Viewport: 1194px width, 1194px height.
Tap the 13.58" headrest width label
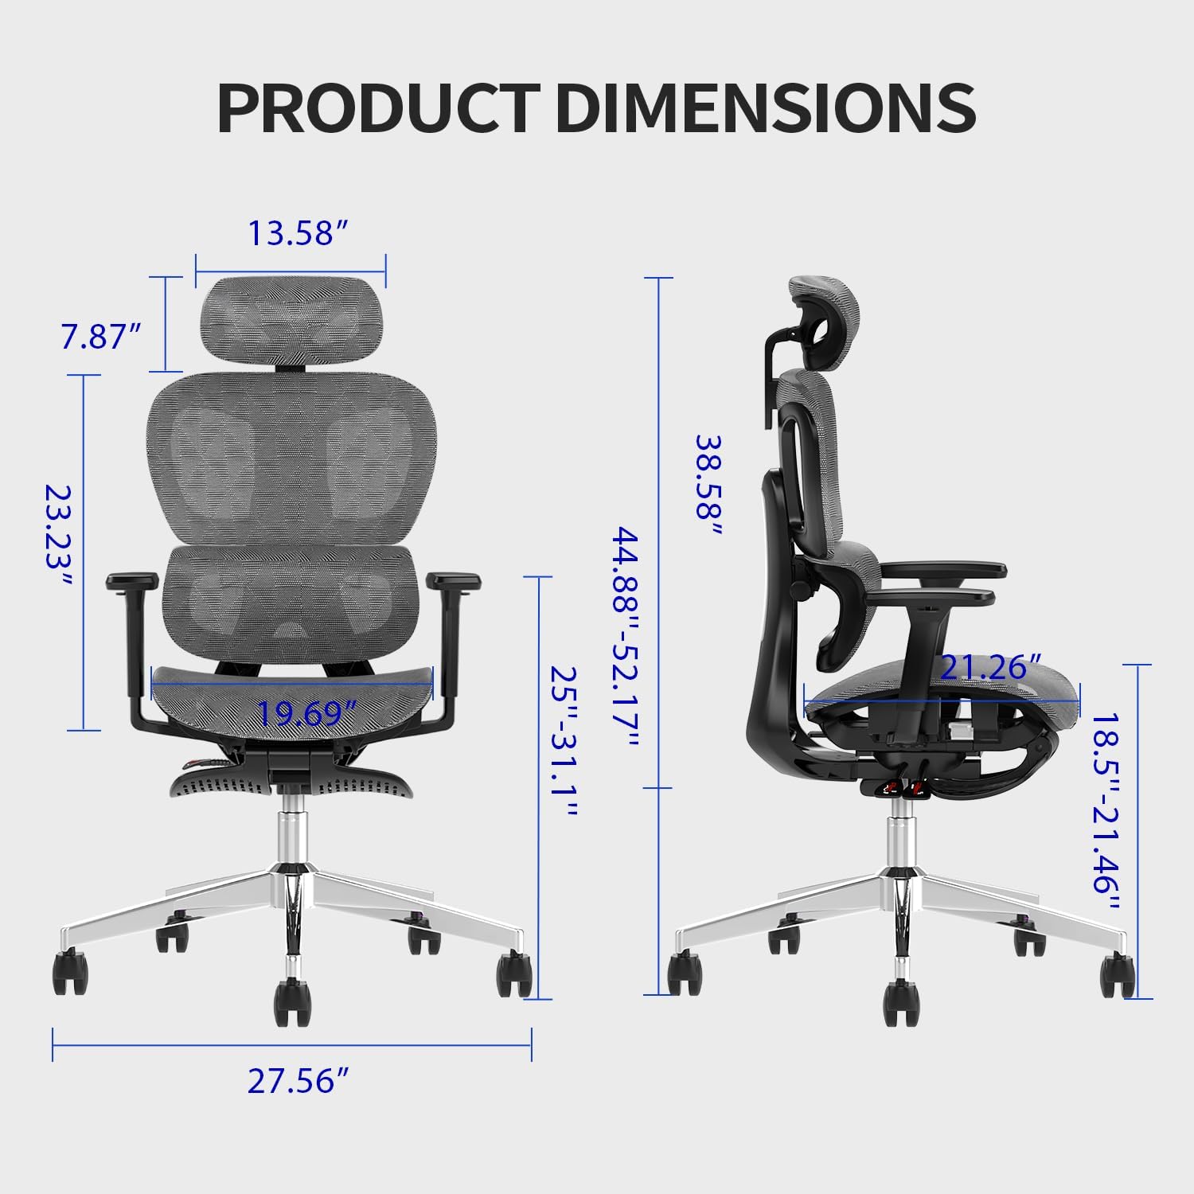[x=298, y=233]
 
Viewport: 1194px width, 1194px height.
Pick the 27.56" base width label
[x=298, y=1081]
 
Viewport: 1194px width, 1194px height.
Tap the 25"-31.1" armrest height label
[x=563, y=742]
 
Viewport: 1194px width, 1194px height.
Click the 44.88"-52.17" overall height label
[x=625, y=637]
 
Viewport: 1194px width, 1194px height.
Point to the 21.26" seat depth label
[x=990, y=667]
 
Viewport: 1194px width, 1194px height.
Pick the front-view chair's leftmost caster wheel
[x=70, y=971]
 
